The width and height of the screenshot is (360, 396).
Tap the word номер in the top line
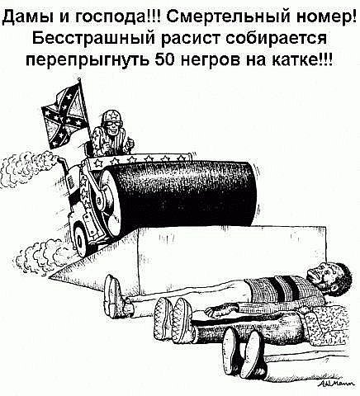[x=324, y=18]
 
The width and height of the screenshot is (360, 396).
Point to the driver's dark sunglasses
[x=113, y=123]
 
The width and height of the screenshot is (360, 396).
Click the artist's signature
[x=335, y=383]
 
